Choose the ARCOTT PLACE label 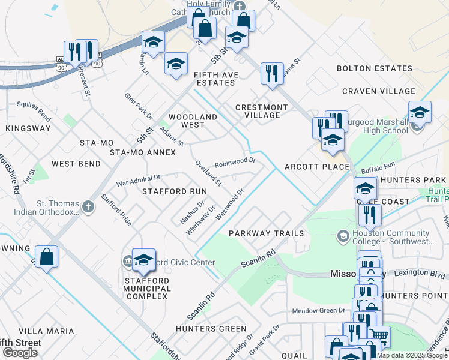click(316, 167)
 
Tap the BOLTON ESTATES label click(374, 69)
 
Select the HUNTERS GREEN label click(211, 329)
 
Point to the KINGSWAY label click(28, 128)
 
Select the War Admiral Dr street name click(138, 179)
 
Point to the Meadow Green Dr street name click(319, 311)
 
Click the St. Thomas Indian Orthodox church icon click(88, 207)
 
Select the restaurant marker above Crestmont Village click(272, 74)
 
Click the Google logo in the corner click(20, 353)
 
